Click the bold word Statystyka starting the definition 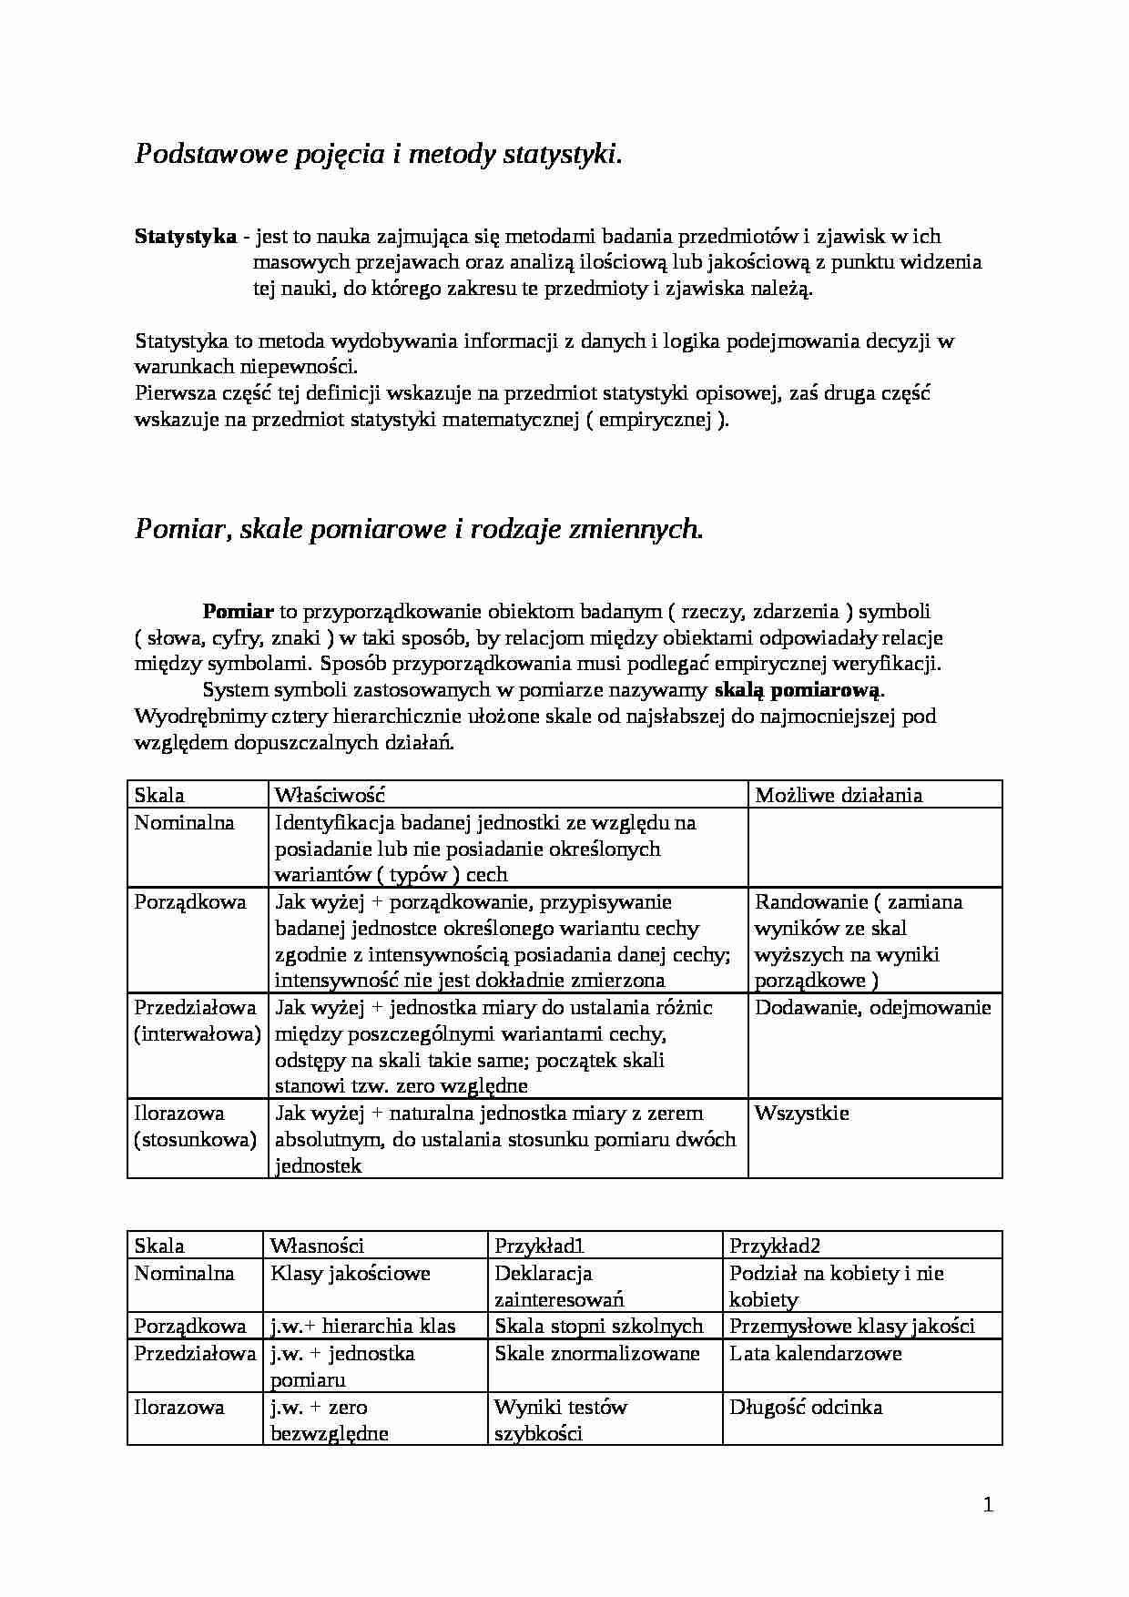(186, 237)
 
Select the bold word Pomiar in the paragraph (238, 611)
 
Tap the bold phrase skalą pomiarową (798, 689)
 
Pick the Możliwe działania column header (839, 795)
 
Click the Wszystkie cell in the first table (802, 1113)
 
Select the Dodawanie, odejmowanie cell (872, 1007)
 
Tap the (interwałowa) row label (198, 1033)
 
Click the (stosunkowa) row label (195, 1139)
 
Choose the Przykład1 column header (539, 1246)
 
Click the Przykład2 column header (775, 1246)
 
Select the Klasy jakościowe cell (351, 1273)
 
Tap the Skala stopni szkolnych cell (599, 1326)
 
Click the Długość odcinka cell (806, 1407)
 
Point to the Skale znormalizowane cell (597, 1353)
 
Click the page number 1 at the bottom (988, 1505)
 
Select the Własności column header (317, 1246)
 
